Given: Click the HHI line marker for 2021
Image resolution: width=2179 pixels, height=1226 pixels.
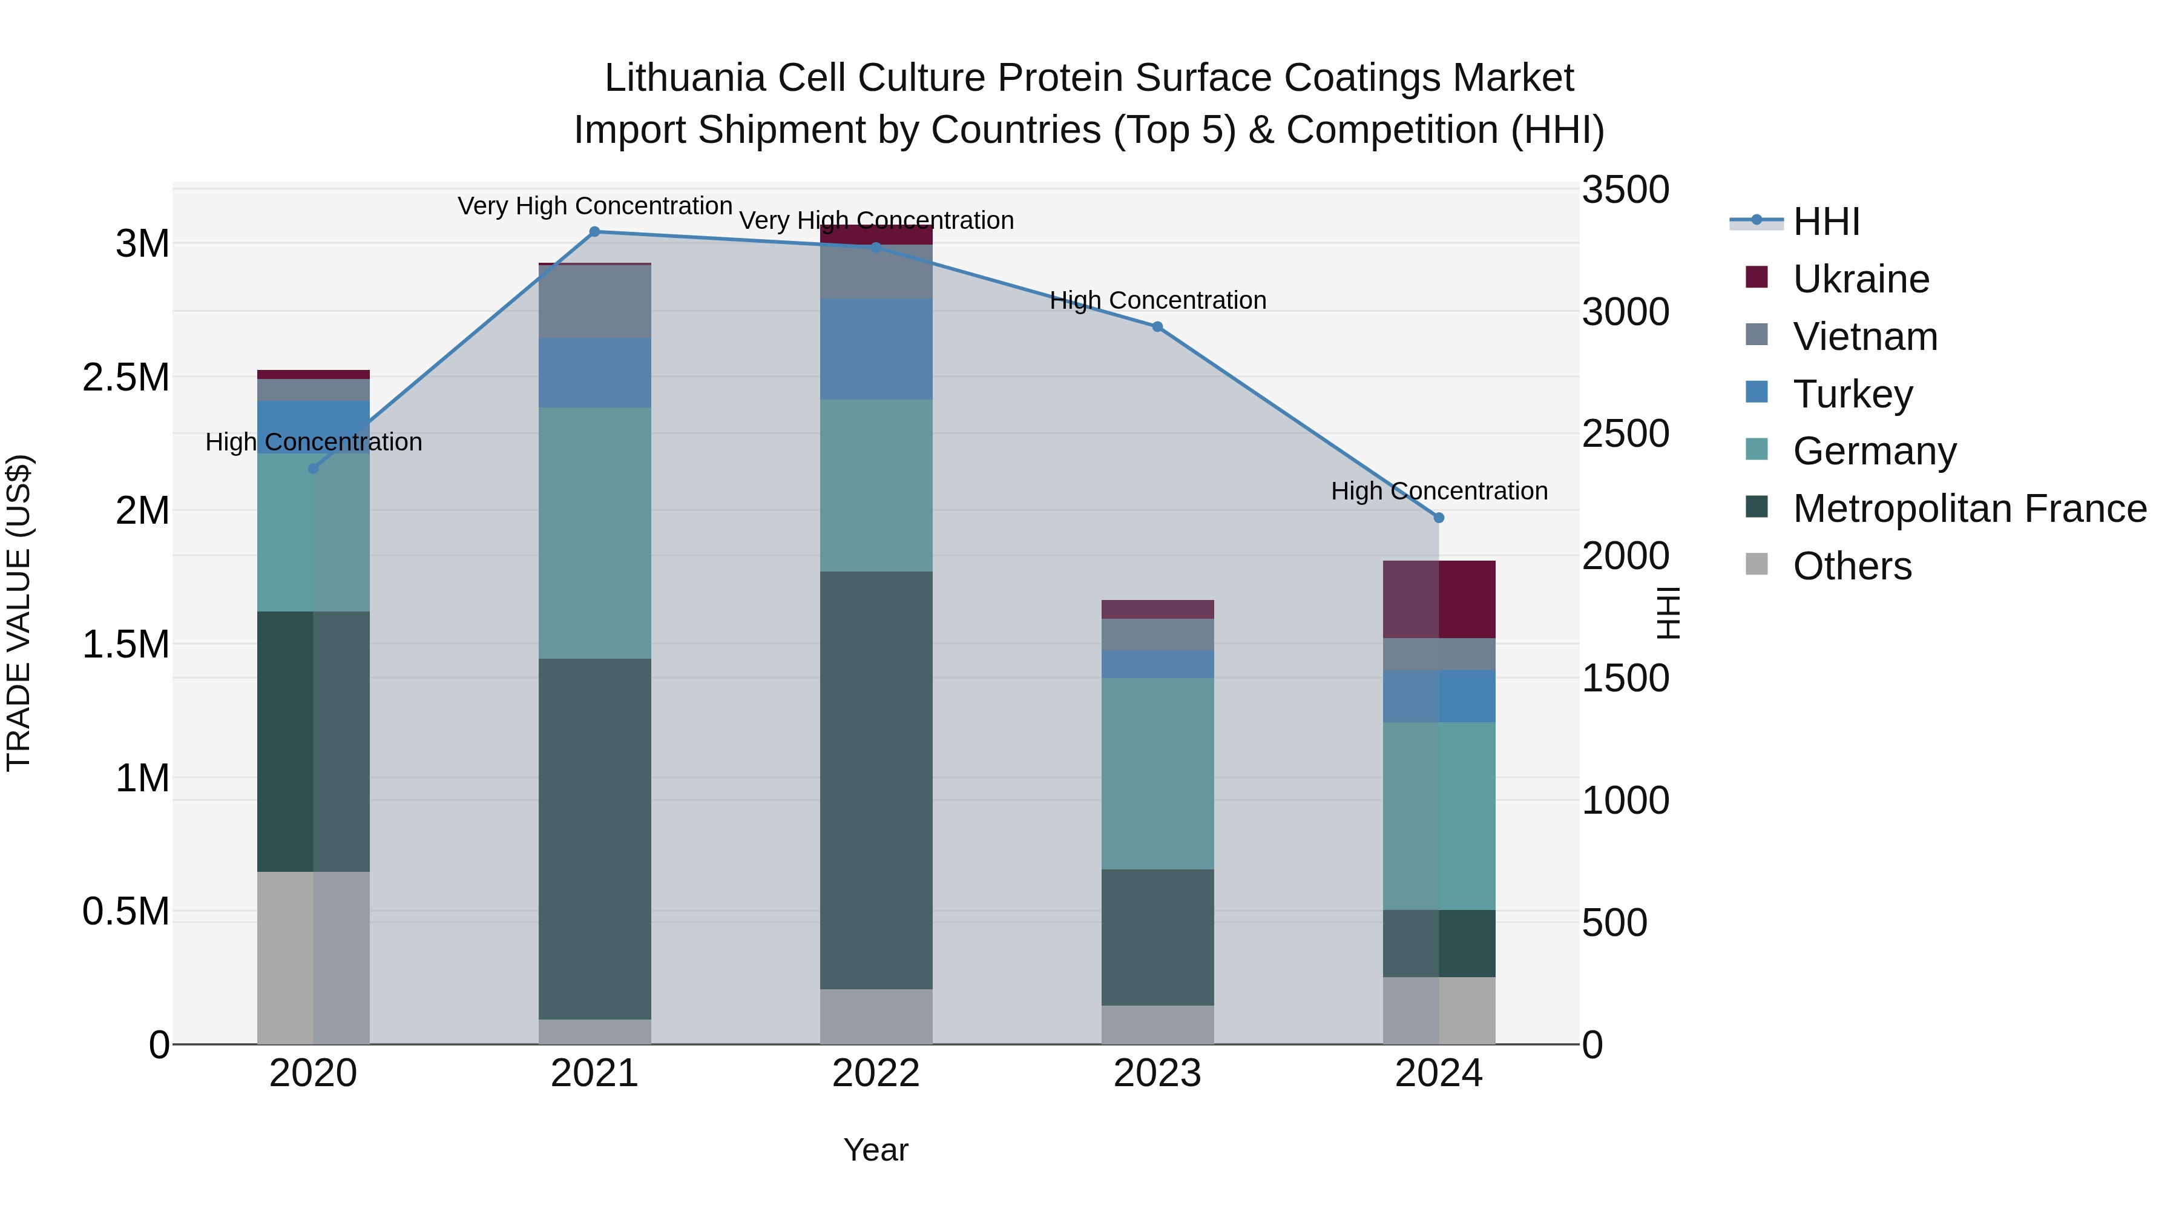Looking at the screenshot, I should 594,232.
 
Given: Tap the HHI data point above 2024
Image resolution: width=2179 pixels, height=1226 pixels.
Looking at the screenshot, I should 1439,518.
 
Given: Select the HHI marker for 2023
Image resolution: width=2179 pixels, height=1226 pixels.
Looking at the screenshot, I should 1157,326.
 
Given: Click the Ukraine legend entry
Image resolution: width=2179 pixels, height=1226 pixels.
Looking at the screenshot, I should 1861,279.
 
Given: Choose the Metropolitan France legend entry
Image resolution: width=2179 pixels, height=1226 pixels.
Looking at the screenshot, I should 1969,509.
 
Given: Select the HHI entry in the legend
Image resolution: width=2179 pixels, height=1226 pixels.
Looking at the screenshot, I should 1826,222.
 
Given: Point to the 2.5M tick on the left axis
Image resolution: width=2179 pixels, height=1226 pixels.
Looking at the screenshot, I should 125,377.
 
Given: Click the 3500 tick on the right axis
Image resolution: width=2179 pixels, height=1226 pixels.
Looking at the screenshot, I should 1625,190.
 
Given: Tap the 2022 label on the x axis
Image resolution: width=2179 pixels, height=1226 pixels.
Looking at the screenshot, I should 875,1073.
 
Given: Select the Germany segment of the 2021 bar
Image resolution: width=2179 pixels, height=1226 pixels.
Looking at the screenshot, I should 594,533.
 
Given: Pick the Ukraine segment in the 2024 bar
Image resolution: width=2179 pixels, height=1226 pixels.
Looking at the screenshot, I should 1439,599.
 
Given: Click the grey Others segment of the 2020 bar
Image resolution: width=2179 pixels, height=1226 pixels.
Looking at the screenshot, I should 313,958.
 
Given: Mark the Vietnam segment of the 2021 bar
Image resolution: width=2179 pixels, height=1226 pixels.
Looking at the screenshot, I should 594,302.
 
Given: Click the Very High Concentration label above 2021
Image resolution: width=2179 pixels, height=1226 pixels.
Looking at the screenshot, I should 594,206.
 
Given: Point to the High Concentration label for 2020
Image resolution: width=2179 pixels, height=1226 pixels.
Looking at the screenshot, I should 313,442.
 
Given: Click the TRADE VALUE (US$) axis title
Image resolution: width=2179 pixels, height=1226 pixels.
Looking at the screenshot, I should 19,613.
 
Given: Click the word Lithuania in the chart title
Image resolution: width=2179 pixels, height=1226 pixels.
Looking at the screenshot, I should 685,78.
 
